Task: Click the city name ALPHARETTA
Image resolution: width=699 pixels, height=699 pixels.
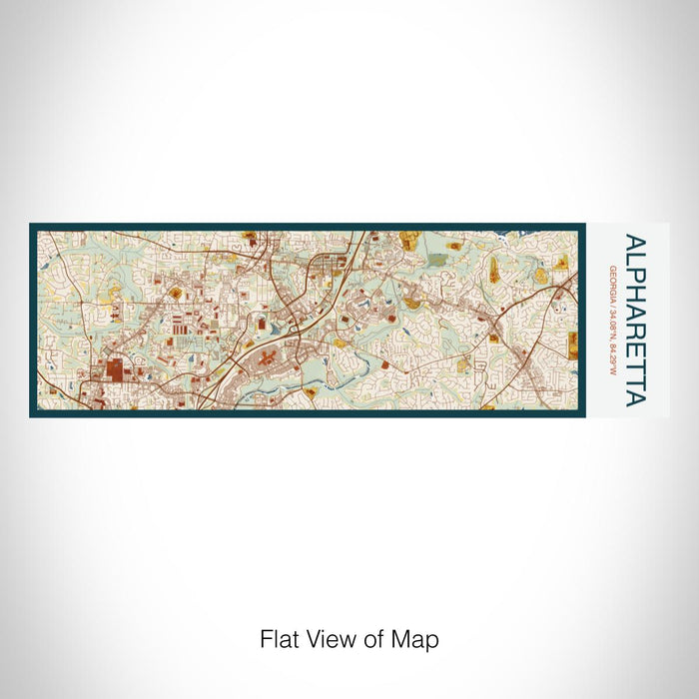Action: coord(633,321)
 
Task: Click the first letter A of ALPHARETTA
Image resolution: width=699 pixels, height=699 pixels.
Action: coord(633,243)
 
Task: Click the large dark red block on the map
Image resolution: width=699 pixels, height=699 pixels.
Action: coord(116,372)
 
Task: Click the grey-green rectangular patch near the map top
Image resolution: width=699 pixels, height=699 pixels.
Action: coord(439,260)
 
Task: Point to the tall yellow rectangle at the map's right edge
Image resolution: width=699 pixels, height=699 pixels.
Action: coord(573,345)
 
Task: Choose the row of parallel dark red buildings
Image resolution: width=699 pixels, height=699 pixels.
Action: coord(180,325)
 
